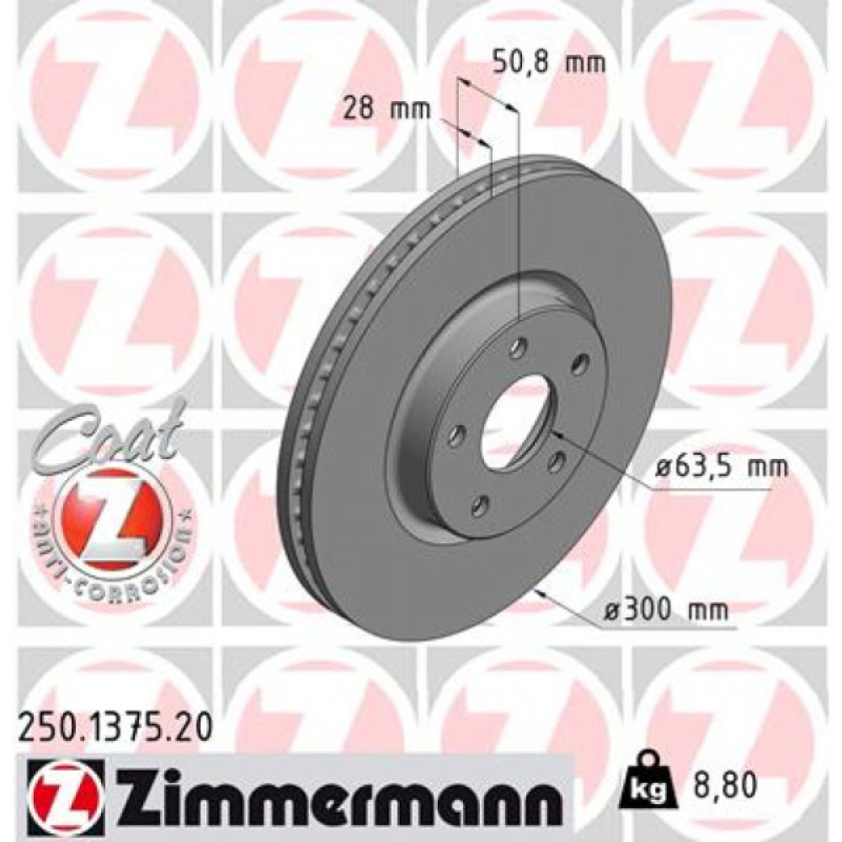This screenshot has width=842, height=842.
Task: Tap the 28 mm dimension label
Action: coord(387,109)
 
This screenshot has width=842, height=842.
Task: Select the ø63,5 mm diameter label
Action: coord(722,465)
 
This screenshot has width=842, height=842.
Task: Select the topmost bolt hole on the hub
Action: coord(520,347)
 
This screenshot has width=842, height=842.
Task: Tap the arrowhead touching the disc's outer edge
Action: coord(539,594)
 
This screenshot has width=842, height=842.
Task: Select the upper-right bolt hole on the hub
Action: coord(579,363)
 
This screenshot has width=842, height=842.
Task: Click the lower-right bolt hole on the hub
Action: coord(556,462)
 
